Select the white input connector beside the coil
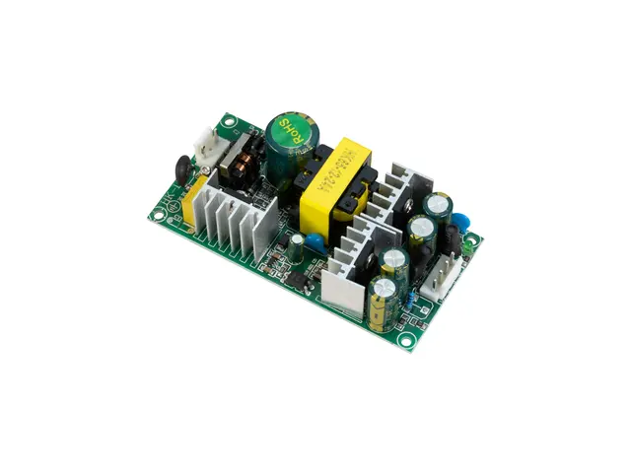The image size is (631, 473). [210, 147]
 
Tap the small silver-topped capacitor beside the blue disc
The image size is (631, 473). [296, 241]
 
